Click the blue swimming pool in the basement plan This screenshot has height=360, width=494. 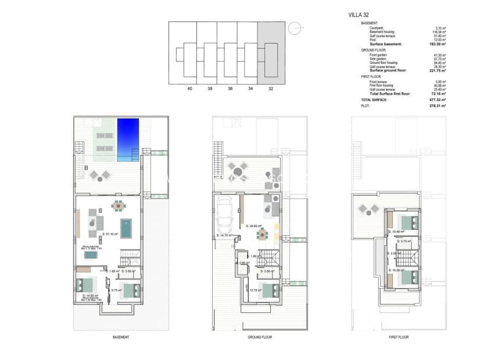click(128, 139)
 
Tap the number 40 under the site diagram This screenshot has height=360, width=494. click(189, 89)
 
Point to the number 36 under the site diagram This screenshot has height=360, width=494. click(230, 89)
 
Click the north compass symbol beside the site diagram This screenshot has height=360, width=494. click(295, 27)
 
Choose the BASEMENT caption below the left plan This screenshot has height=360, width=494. click(120, 337)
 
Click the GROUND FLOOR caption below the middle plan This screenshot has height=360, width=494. click(260, 337)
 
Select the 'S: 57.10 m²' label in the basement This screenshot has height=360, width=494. click(110, 235)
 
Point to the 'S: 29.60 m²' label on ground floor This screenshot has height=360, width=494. click(253, 226)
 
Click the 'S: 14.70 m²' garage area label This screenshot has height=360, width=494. click(224, 235)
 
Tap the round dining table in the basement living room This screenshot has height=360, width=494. click(118, 205)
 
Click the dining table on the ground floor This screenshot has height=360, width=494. click(263, 233)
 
